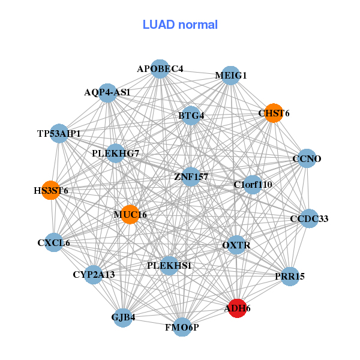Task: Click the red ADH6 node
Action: pyautogui.click(x=238, y=308)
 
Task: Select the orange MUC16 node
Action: pyautogui.click(x=130, y=214)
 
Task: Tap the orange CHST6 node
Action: pyautogui.click(x=274, y=113)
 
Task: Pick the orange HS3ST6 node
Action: pyautogui.click(x=51, y=190)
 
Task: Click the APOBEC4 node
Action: pyautogui.click(x=160, y=69)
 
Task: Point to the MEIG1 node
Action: pyautogui.click(x=231, y=76)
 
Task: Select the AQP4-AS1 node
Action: pyautogui.click(x=107, y=93)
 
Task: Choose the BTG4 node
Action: pyautogui.click(x=191, y=115)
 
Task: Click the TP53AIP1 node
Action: pyautogui.click(x=59, y=133)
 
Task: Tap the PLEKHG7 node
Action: pyautogui.click(x=115, y=154)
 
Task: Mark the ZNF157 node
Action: pyautogui.click(x=191, y=176)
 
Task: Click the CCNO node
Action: pyautogui.click(x=307, y=158)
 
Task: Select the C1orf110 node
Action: pyautogui.click(x=253, y=185)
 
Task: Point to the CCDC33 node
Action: pyautogui.click(x=309, y=218)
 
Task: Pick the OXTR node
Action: pyautogui.click(x=236, y=245)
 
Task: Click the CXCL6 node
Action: pyautogui.click(x=54, y=242)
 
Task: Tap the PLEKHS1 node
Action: pyautogui.click(x=169, y=266)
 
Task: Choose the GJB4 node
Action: pyautogui.click(x=123, y=318)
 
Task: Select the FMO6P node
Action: pyautogui.click(x=182, y=327)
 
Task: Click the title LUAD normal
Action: pyautogui.click(x=180, y=25)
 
